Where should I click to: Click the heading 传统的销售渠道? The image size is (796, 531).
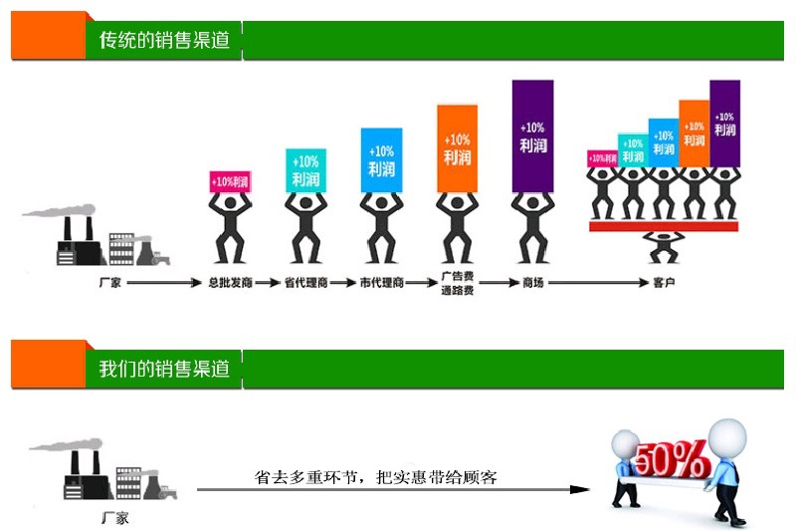(x=164, y=41)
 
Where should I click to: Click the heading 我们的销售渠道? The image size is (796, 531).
(x=164, y=369)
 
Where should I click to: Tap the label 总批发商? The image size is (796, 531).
(x=229, y=283)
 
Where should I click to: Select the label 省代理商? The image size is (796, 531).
(x=305, y=283)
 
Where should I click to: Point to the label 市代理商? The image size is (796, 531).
(x=381, y=283)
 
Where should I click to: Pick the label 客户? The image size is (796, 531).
(x=664, y=283)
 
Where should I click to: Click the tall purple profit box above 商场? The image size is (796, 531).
(x=532, y=135)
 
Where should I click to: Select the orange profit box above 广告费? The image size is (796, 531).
(x=457, y=148)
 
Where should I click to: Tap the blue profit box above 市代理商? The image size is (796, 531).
(x=381, y=159)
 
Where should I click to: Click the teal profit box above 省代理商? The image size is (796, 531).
(x=305, y=170)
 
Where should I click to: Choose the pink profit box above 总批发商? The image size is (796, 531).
(x=230, y=181)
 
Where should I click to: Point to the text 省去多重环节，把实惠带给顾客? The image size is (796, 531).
(x=376, y=477)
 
